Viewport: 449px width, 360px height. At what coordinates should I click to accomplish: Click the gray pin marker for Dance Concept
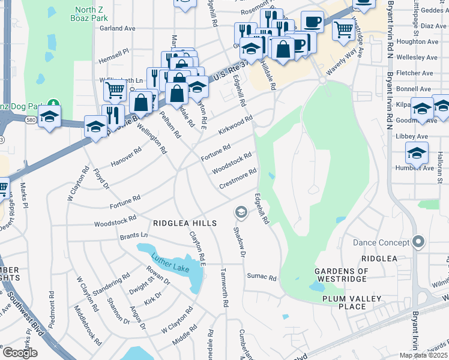(x=419, y=242)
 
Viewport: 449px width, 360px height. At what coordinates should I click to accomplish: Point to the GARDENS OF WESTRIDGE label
(x=340, y=275)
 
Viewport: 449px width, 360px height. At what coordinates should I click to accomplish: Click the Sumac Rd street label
(x=262, y=278)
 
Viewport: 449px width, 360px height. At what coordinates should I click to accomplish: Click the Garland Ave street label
(x=118, y=28)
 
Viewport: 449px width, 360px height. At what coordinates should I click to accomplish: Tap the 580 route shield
(x=29, y=121)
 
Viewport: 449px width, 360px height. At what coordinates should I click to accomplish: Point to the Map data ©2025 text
(x=423, y=355)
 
